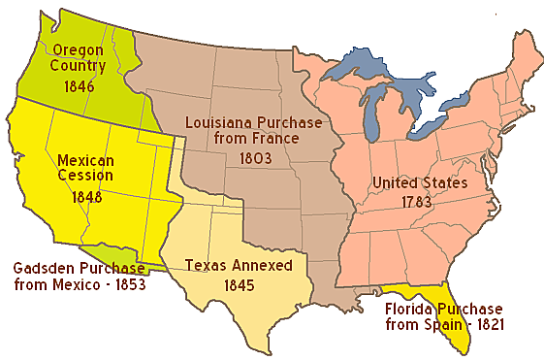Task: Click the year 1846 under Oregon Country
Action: pyautogui.click(x=80, y=85)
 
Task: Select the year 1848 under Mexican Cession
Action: pyautogui.click(x=86, y=195)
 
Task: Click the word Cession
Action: pyautogui.click(x=86, y=177)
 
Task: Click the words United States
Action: pyautogui.click(x=420, y=182)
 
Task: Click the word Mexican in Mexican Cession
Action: pyautogui.click(x=86, y=159)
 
